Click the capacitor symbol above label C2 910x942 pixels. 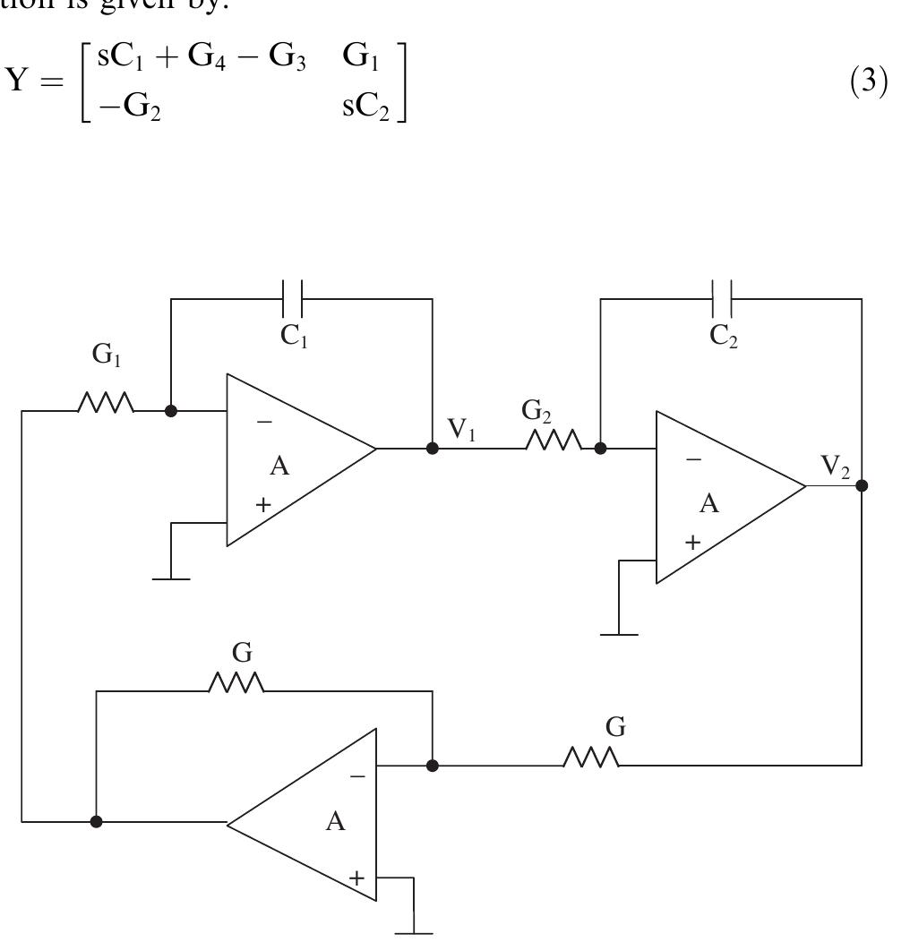point(723,299)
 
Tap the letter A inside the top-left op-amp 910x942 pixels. point(279,467)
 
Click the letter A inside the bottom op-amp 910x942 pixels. point(335,821)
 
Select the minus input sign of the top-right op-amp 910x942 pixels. point(692,458)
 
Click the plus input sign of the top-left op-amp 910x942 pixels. point(262,504)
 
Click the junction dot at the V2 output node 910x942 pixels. point(862,486)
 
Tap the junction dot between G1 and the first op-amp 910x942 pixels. point(172,411)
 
